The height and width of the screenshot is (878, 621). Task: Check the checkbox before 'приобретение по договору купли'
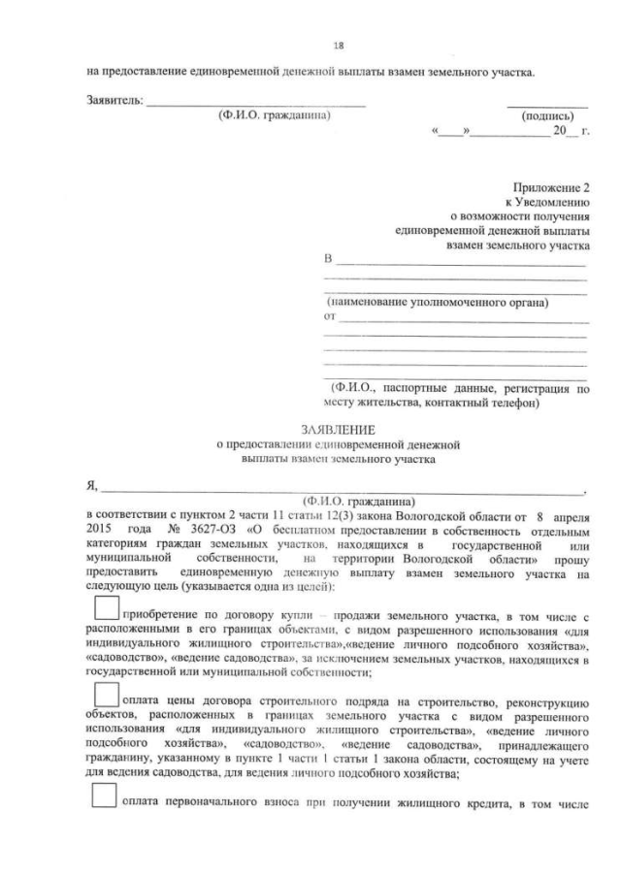pyautogui.click(x=107, y=609)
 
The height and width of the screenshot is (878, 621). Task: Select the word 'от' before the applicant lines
pyautogui.click(x=328, y=316)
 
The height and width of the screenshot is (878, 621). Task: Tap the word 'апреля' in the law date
pyautogui.click(x=569, y=517)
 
